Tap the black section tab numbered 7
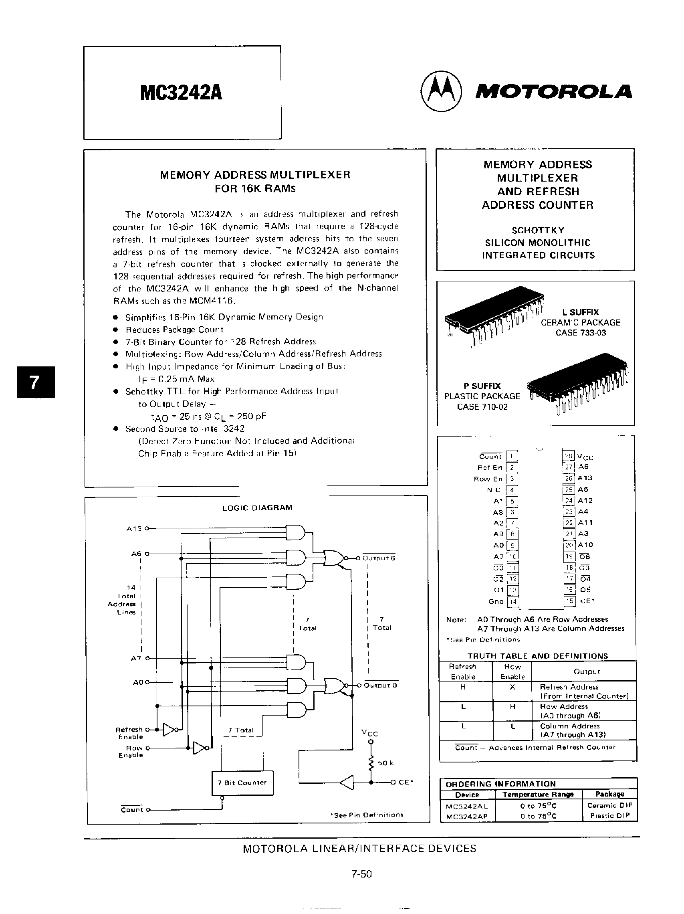pos(36,382)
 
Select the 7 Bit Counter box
pos(242,783)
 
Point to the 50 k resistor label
pos(385,763)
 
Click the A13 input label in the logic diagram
pos(134,528)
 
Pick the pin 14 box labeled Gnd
pos(512,602)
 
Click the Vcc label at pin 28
pos(585,457)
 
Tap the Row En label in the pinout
pos(488,479)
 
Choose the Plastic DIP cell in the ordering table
pos(609,816)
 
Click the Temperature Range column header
pos(538,794)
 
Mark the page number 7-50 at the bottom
pos(361,874)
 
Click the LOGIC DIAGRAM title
pos(257,508)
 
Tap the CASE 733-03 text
pos(580,333)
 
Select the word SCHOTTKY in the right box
pos(538,230)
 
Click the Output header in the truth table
pos(587,671)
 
